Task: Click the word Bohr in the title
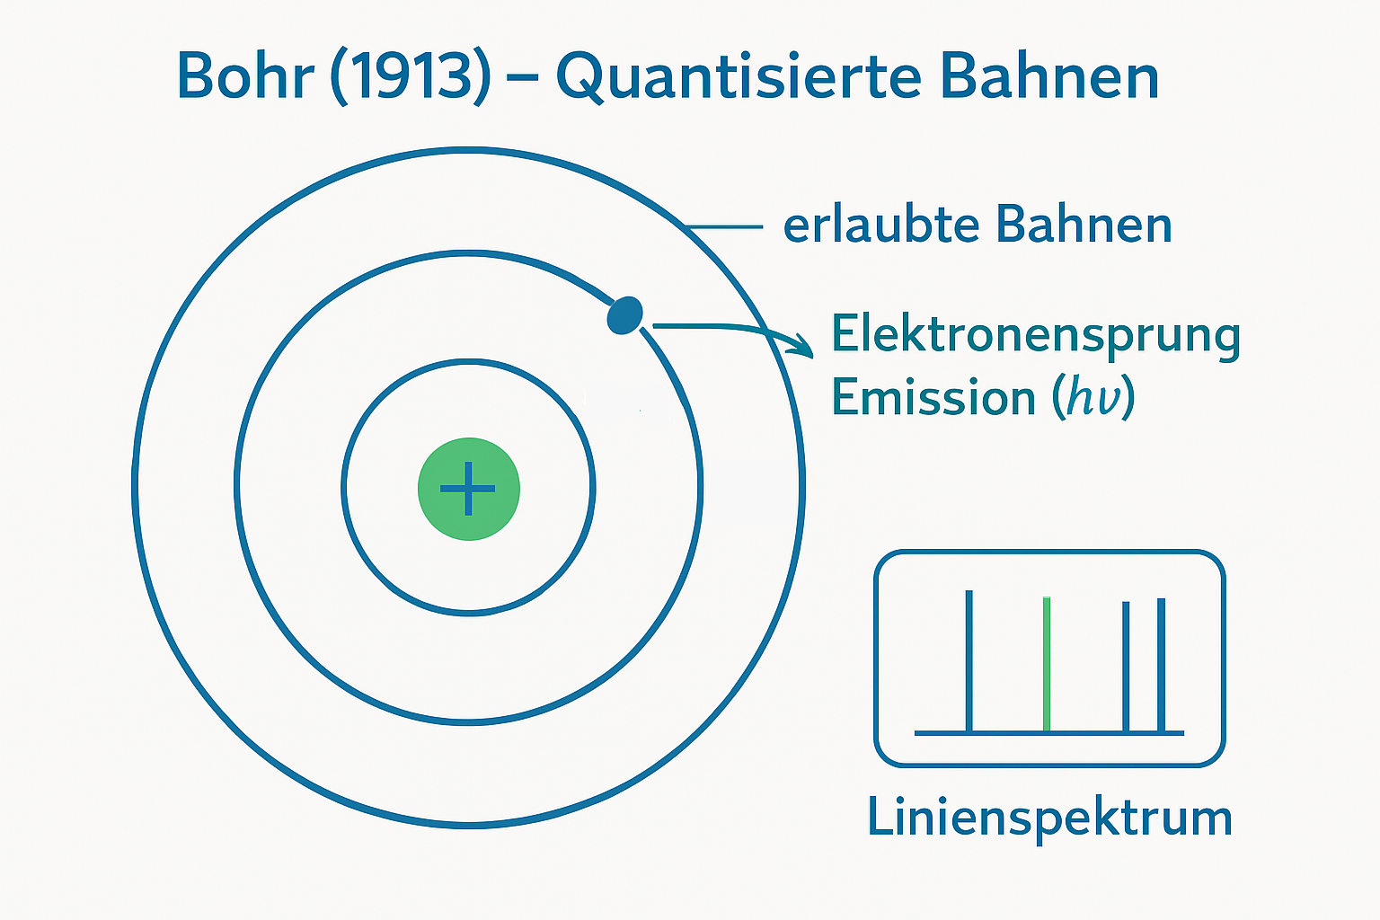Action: click(245, 75)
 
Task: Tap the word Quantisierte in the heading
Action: click(739, 77)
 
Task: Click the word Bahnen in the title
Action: click(1049, 75)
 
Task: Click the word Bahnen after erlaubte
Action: click(1084, 225)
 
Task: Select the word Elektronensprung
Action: click(1036, 336)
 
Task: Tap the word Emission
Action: click(933, 397)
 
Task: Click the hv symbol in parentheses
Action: click(1092, 397)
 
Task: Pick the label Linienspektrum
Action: click(1049, 818)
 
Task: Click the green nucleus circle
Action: click(469, 489)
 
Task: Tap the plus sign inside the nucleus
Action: click(468, 489)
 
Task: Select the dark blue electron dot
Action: click(624, 315)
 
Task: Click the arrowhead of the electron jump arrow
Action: click(803, 346)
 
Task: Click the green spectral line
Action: click(1047, 664)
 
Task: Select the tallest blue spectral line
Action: click(969, 661)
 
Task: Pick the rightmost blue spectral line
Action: click(1161, 666)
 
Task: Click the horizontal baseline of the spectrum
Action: click(1049, 733)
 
